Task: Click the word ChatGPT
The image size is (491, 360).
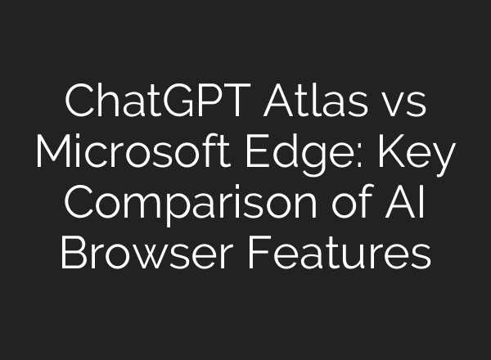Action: pos(140,106)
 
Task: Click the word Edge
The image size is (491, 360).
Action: pos(323,155)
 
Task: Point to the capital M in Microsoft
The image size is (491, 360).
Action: pos(55,155)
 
